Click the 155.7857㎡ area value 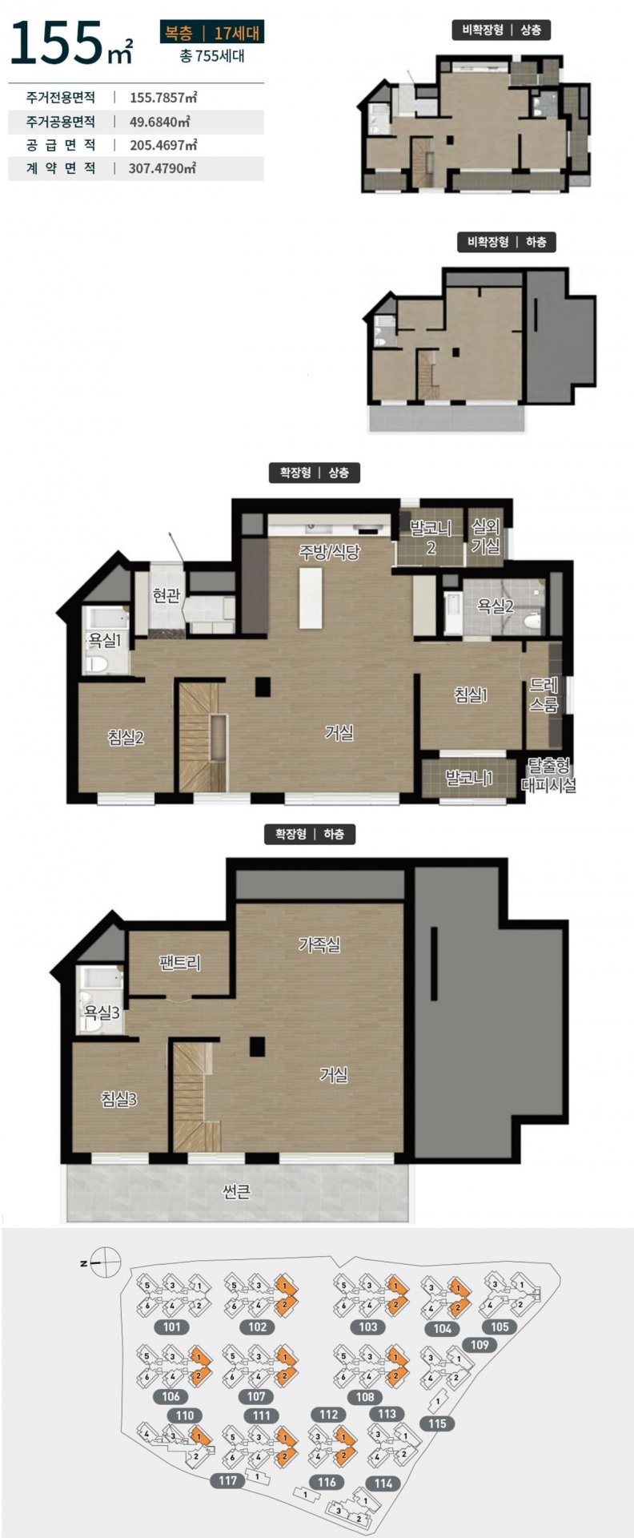click(x=163, y=98)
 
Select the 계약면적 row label click(x=61, y=168)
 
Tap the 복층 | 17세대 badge click(x=211, y=33)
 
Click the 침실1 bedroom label click(x=471, y=695)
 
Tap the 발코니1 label click(x=469, y=778)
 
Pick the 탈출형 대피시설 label click(x=548, y=775)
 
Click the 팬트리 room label click(x=180, y=962)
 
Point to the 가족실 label click(x=319, y=944)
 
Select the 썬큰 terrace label click(x=236, y=1193)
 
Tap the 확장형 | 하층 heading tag click(x=310, y=834)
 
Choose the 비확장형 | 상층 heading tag click(x=501, y=30)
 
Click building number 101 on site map click(x=171, y=1327)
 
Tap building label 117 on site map click(x=228, y=1481)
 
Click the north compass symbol click(x=105, y=1263)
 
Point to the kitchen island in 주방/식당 click(x=311, y=598)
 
